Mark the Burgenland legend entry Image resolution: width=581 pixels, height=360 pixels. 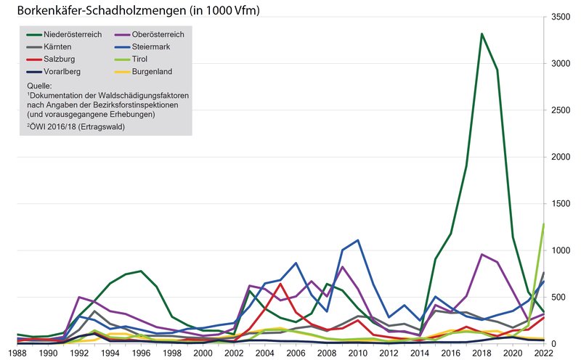[x=151, y=71]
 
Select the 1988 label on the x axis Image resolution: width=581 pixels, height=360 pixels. [x=17, y=352]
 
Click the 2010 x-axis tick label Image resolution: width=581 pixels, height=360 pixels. [x=357, y=352]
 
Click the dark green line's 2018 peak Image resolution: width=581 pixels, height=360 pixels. [x=482, y=33]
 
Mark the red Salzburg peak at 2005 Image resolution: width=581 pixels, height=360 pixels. [x=280, y=284]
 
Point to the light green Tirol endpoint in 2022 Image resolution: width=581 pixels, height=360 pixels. [x=543, y=224]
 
